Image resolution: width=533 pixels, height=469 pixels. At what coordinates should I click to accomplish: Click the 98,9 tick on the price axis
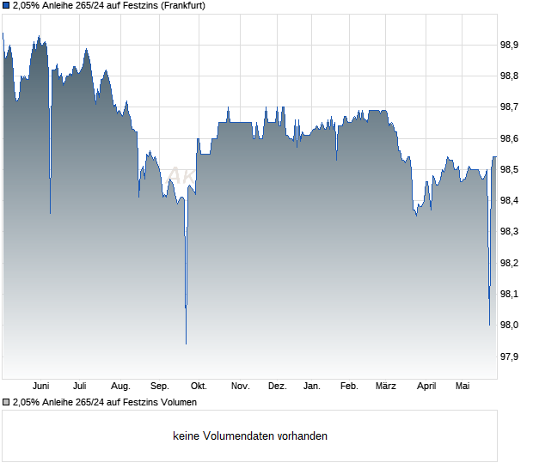click(509, 45)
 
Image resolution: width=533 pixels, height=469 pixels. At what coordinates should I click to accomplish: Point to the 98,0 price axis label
click(509, 325)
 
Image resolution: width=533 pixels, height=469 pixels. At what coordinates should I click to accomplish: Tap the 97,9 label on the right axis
click(509, 356)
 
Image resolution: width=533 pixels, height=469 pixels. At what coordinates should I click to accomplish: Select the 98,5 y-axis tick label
click(509, 169)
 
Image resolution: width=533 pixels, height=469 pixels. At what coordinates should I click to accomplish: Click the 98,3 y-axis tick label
click(509, 232)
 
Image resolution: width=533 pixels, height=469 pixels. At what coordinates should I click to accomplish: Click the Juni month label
click(40, 387)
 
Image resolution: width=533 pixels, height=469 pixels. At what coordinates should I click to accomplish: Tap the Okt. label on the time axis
click(199, 387)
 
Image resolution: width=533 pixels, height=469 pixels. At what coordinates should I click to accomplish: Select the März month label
click(386, 387)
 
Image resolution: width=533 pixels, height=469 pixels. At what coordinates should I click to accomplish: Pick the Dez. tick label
click(278, 387)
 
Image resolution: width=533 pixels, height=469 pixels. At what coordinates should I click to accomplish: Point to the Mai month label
click(463, 387)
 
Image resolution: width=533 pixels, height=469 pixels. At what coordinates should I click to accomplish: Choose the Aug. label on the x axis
click(120, 387)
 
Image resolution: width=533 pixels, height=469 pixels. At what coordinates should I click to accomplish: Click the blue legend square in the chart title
click(6, 6)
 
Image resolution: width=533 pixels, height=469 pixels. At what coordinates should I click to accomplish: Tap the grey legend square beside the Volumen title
click(6, 403)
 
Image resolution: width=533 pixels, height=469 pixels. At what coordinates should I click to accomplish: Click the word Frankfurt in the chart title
click(183, 6)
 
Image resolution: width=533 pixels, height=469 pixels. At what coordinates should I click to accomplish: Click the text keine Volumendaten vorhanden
click(250, 436)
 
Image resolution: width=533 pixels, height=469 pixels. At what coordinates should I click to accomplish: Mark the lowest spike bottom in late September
click(186, 344)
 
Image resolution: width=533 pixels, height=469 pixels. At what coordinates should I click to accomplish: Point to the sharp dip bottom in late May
click(489, 325)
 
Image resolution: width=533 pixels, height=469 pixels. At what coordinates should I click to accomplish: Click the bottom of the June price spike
click(51, 213)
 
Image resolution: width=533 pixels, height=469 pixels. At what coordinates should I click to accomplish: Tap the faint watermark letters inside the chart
click(181, 175)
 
